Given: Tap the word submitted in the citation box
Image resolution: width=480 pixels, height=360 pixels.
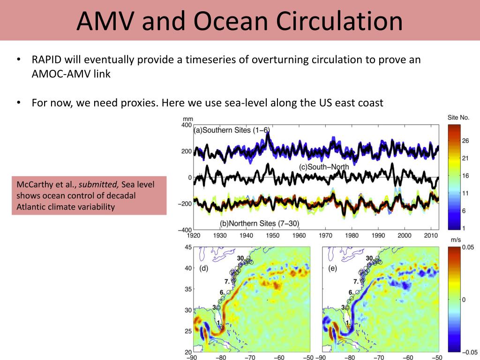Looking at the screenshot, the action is tap(98, 184).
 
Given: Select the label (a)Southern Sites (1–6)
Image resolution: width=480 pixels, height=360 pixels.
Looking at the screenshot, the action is tap(232, 130).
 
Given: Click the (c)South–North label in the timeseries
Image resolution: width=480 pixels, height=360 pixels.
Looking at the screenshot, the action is tap(324, 167).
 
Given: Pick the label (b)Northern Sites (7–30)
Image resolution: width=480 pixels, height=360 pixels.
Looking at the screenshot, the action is tap(259, 223).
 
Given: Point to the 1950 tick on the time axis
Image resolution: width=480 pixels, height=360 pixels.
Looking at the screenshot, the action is tap(272, 235).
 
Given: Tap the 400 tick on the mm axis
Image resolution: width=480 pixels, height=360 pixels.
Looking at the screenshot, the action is tap(187, 125).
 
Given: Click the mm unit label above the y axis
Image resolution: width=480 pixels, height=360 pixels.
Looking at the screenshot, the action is tap(187, 119).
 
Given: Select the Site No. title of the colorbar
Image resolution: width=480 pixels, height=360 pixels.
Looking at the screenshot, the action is tap(458, 118).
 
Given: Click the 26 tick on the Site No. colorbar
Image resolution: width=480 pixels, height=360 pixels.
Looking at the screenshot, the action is tap(465, 141).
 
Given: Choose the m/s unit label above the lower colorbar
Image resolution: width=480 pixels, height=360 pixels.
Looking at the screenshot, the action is tap(456, 240).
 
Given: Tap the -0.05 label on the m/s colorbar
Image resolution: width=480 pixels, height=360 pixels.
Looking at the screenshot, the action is tap(470, 352).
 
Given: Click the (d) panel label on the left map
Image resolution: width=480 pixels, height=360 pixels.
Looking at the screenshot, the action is tap(203, 268).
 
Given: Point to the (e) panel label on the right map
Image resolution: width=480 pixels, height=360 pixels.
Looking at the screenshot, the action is tap(332, 268).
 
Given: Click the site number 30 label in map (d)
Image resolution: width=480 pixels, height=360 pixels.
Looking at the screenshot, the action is tap(241, 258).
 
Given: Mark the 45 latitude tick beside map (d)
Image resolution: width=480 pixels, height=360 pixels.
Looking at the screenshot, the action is tap(188, 247).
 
